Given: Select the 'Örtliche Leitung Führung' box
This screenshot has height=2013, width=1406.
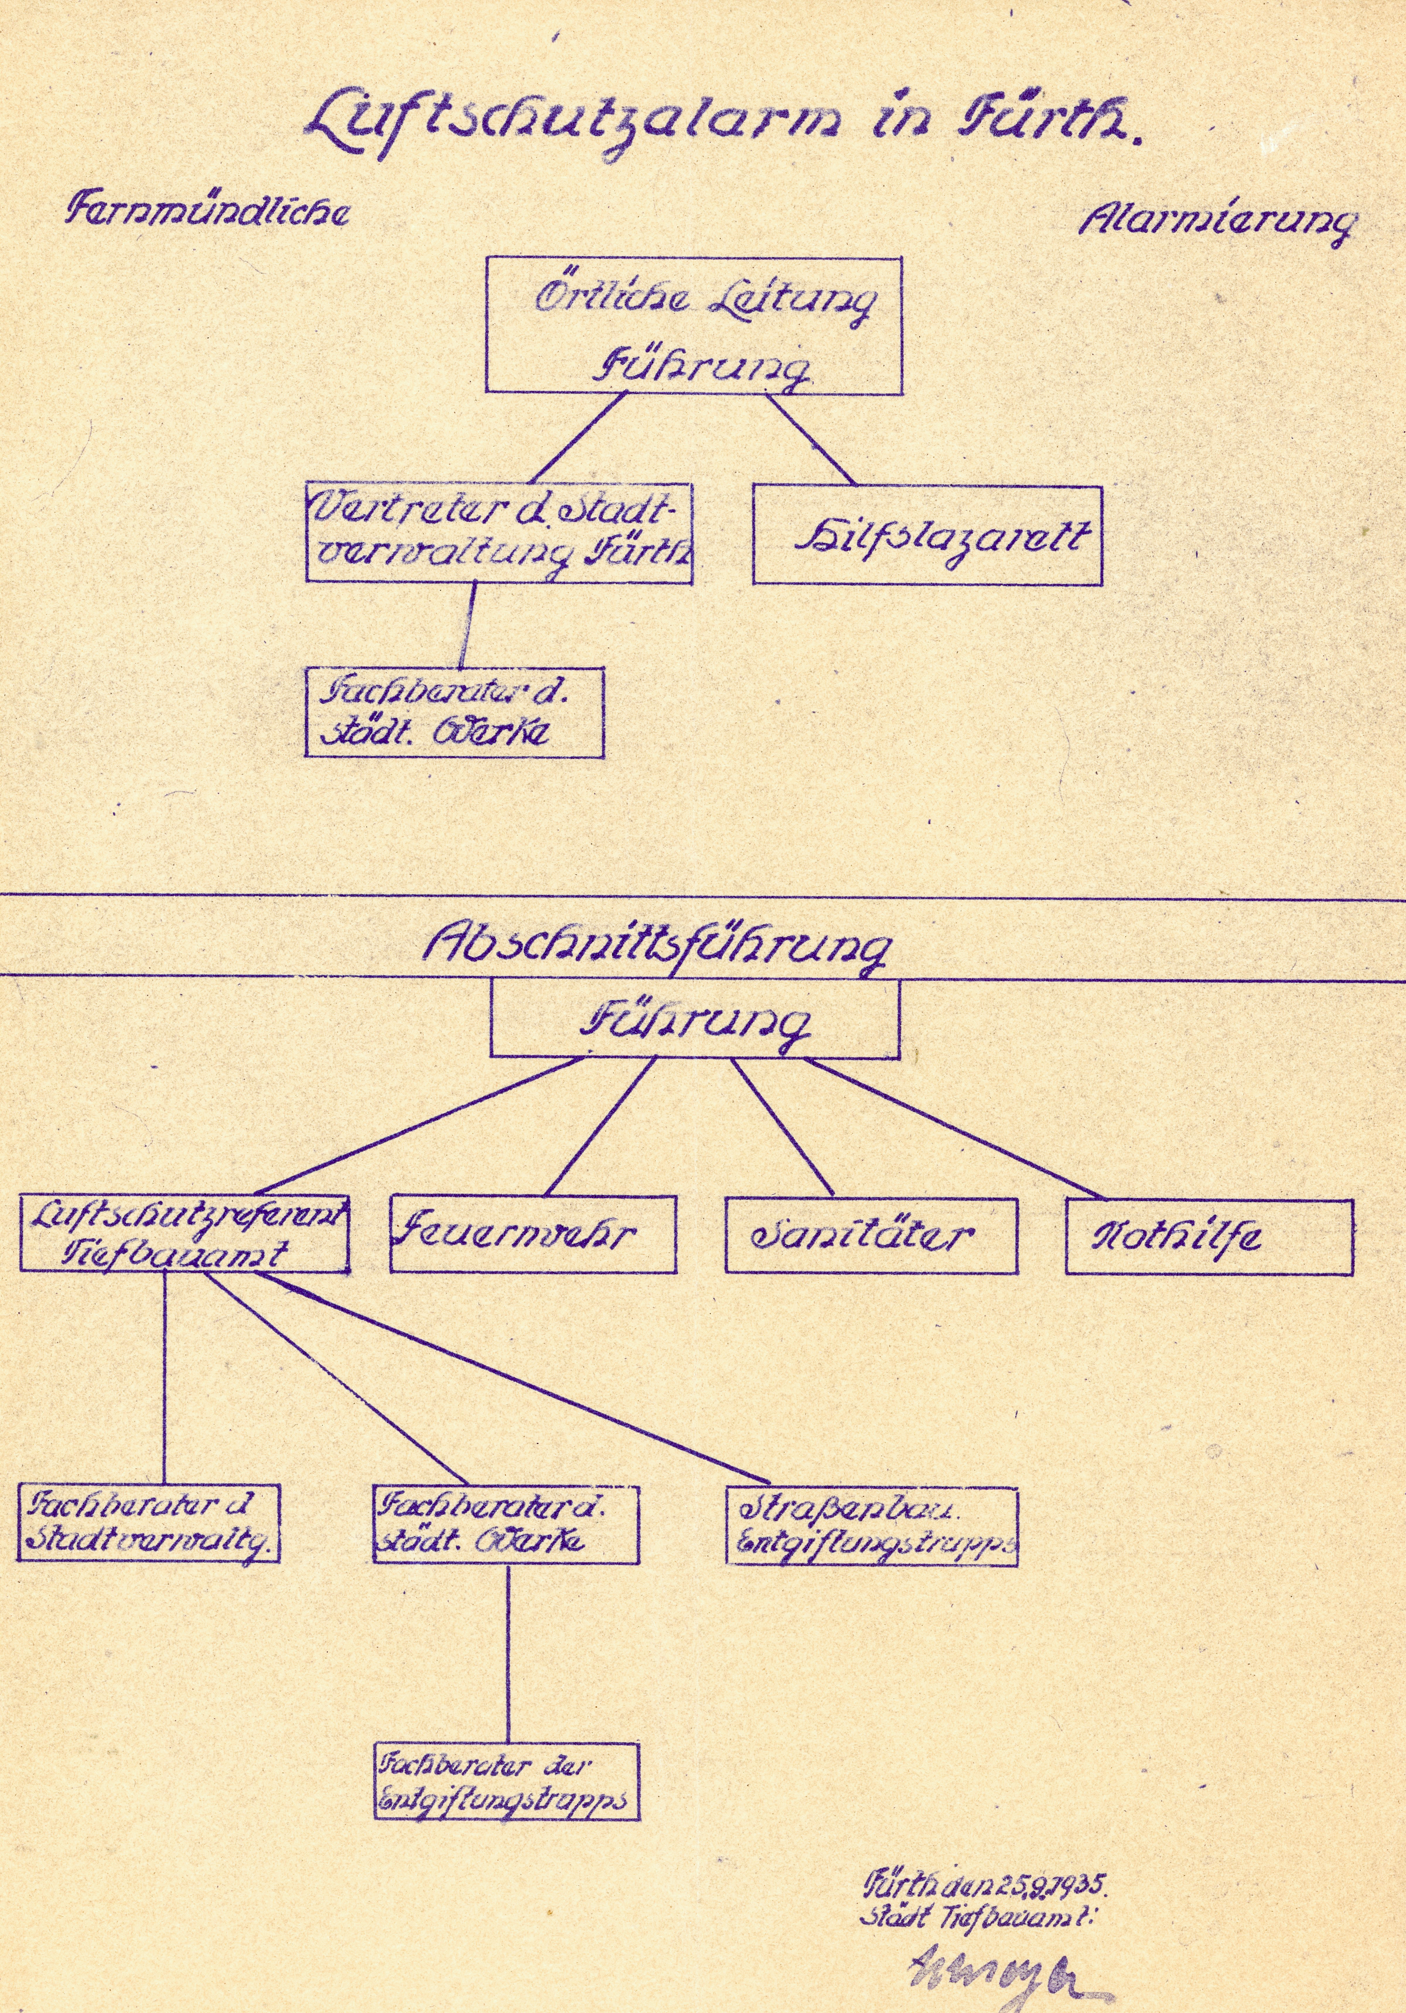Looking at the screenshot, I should (x=693, y=324).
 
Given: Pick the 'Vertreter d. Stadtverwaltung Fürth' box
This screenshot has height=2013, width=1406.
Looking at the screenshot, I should (x=499, y=533).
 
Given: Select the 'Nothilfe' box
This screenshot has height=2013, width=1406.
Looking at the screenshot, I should (x=1209, y=1236).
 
